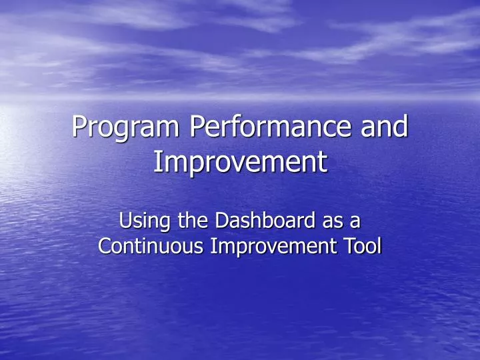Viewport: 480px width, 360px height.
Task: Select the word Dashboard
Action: (263, 220)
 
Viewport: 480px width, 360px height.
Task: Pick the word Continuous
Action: (151, 246)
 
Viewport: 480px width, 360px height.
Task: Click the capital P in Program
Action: (79, 127)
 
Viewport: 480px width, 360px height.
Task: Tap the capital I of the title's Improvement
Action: (157, 161)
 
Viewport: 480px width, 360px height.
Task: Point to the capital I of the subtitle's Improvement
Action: (213, 246)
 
